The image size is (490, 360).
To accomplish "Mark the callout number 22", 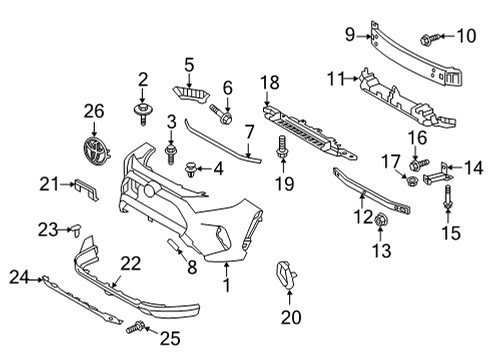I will tap(130, 262).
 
